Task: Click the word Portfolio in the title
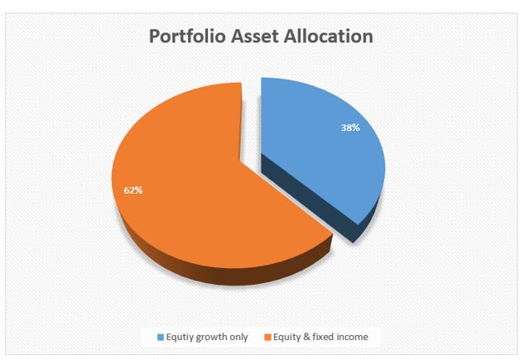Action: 187,36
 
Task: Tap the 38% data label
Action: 350,127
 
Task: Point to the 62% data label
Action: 133,190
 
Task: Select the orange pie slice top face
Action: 203,190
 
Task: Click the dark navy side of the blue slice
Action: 315,199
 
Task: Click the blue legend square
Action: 161,337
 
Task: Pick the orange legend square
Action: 268,337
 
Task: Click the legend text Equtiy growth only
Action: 207,337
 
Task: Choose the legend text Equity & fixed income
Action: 320,337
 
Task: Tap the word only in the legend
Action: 239,338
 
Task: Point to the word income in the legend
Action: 350,337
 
